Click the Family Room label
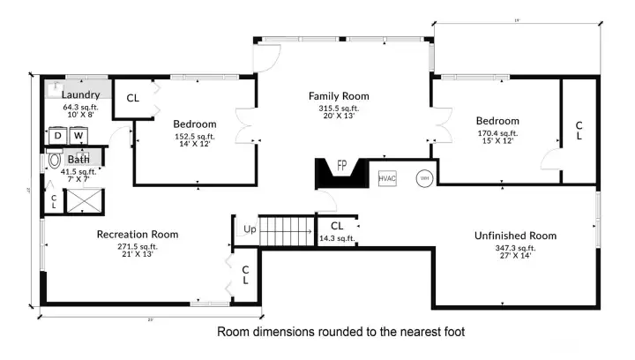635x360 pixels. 338,96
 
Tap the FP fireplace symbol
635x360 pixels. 340,169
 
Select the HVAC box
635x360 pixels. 388,178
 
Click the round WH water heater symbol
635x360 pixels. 424,177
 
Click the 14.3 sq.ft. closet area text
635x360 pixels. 336,238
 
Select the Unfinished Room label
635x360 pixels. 515,236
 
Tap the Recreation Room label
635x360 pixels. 137,235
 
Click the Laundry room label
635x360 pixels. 80,94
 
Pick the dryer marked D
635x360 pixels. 58,136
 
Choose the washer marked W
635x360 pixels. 78,136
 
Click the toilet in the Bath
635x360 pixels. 55,161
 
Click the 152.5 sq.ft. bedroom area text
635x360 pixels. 194,136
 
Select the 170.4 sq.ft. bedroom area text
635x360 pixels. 497,133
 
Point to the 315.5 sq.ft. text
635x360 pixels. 338,109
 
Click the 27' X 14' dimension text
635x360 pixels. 515,257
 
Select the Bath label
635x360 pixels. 78,160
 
